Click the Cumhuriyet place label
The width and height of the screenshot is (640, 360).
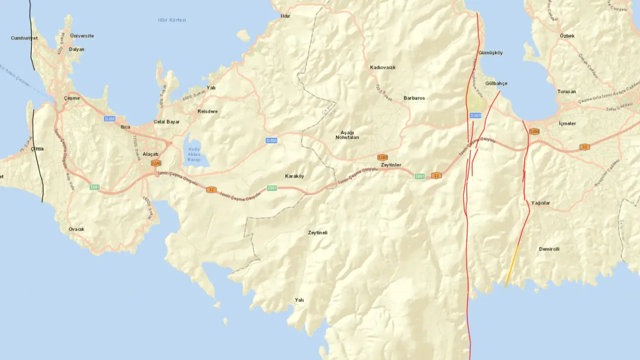tap(24, 38)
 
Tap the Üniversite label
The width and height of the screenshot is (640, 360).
tap(82, 36)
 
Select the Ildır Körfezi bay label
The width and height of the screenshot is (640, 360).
tap(171, 20)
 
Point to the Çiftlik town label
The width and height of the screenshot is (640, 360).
tap(37, 149)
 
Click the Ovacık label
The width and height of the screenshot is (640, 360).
tap(76, 229)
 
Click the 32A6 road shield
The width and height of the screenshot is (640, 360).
tap(156, 163)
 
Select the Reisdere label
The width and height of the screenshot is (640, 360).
tap(207, 111)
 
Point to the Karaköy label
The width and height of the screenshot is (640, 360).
tap(294, 176)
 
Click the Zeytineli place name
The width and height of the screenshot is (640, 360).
tap(317, 232)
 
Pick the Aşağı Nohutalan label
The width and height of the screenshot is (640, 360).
tap(347, 134)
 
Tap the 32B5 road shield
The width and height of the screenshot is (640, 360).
tap(382, 157)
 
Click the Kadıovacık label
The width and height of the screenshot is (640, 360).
tap(382, 67)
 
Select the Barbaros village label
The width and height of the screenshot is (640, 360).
tap(414, 98)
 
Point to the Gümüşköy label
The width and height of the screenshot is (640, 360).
tap(490, 52)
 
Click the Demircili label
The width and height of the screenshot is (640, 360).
tap(549, 249)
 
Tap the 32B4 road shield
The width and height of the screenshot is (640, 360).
tap(534, 131)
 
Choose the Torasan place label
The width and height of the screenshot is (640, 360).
tap(566, 91)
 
